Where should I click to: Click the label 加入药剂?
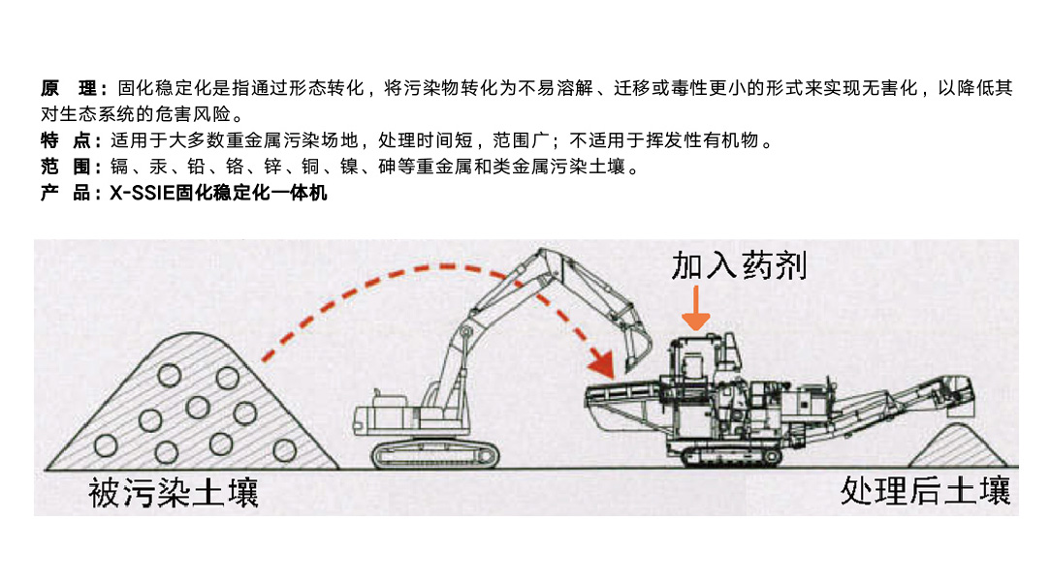click(739, 265)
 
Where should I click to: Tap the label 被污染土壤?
click(174, 493)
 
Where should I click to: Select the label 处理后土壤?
click(926, 491)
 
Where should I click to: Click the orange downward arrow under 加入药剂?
click(696, 308)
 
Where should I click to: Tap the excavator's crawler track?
click(435, 455)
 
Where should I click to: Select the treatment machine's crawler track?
click(731, 457)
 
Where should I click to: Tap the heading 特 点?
click(71, 140)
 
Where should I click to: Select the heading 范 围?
click(71, 167)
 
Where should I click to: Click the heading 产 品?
click(71, 193)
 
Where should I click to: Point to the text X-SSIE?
click(143, 194)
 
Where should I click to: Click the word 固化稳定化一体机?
click(251, 194)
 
